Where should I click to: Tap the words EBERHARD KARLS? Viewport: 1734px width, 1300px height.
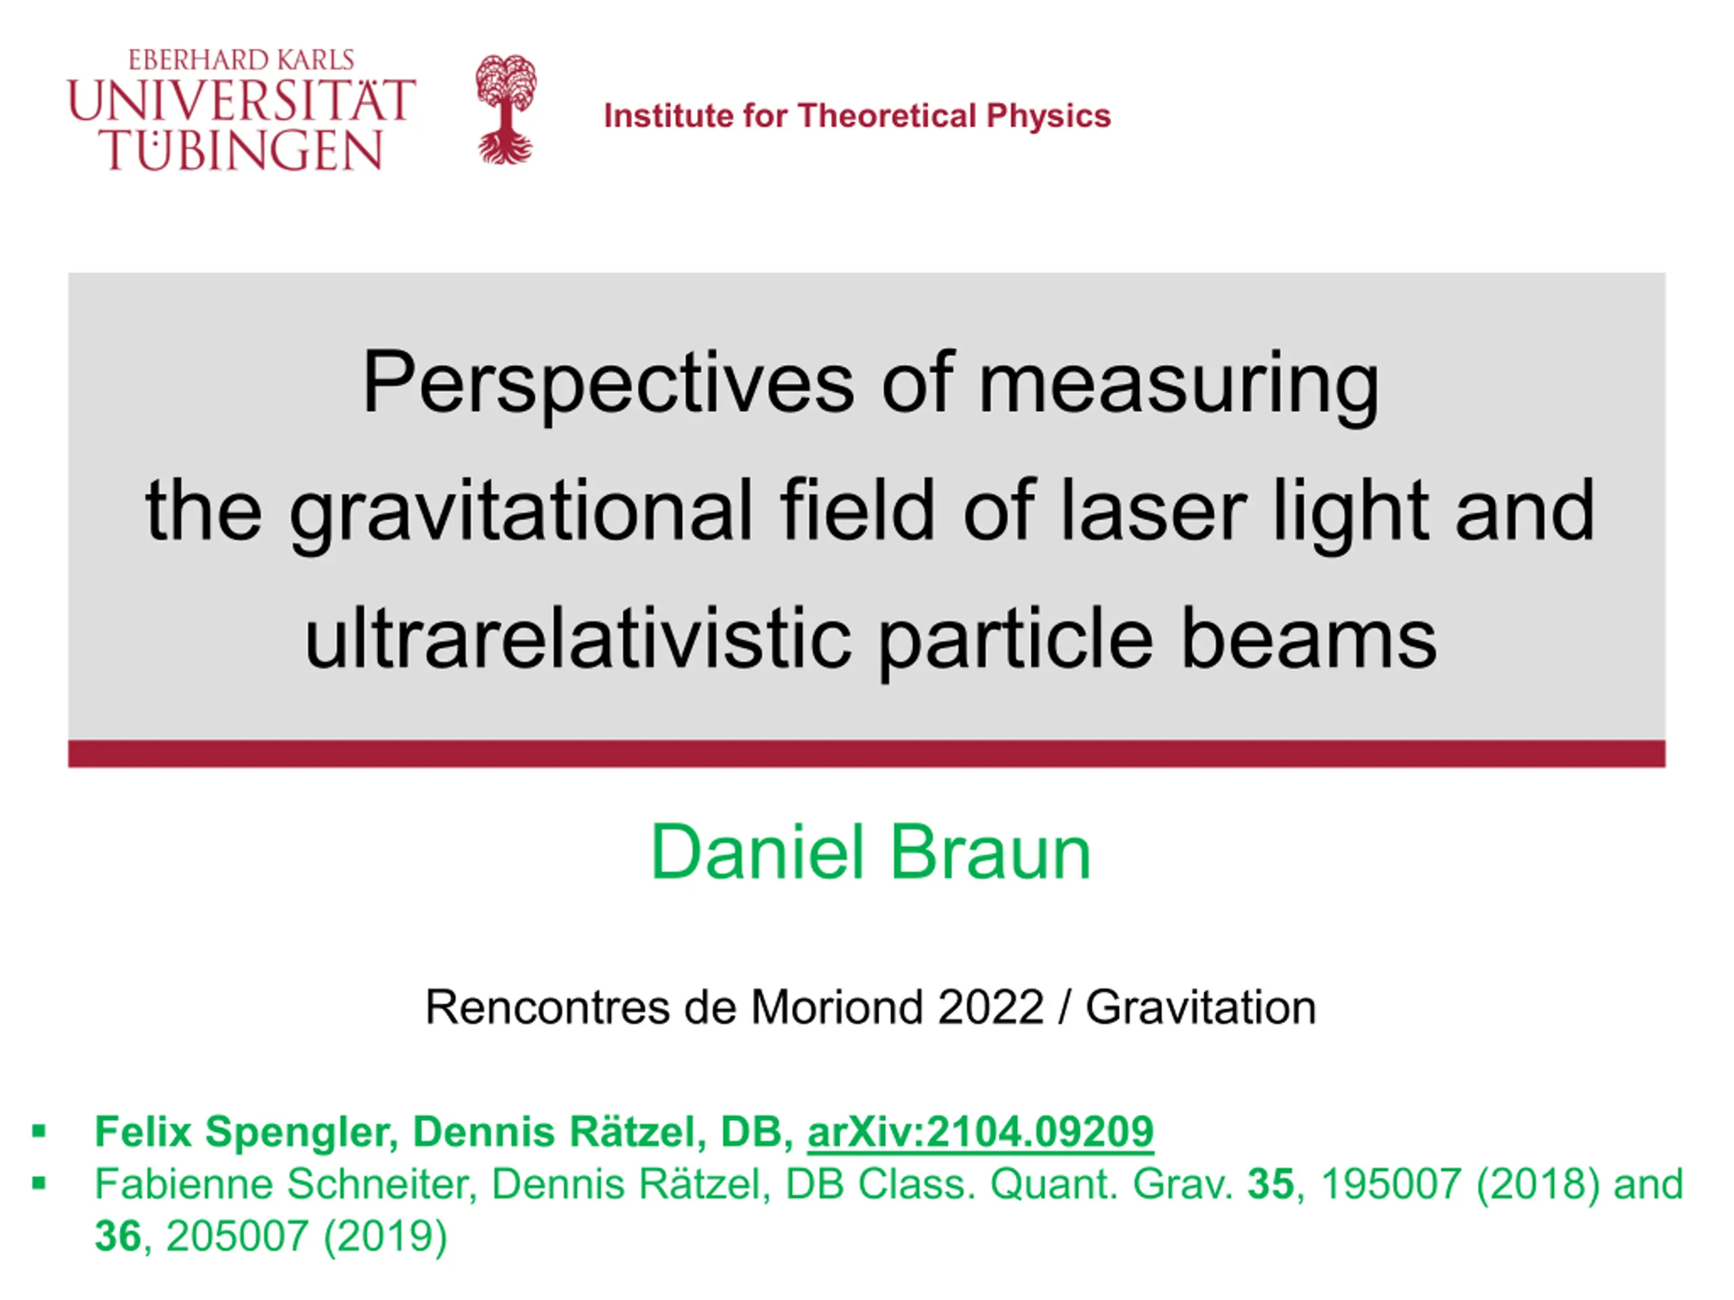[x=241, y=60]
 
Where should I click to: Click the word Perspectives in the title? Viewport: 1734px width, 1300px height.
[x=608, y=383]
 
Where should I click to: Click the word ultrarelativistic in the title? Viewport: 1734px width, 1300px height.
[x=578, y=638]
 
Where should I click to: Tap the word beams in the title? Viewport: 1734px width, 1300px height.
[x=1309, y=638]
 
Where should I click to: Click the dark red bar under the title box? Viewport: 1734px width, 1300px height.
[x=867, y=753]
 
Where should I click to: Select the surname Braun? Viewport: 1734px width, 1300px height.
[x=990, y=852]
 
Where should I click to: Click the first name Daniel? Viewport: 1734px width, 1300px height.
[x=757, y=852]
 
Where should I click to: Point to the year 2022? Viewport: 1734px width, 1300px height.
[x=991, y=1007]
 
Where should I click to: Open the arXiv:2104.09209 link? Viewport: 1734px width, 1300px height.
[x=981, y=1131]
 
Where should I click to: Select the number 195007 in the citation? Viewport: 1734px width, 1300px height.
[x=1391, y=1184]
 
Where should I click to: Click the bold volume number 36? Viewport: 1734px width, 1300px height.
[x=119, y=1236]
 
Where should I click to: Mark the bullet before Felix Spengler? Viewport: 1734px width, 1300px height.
[x=39, y=1131]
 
